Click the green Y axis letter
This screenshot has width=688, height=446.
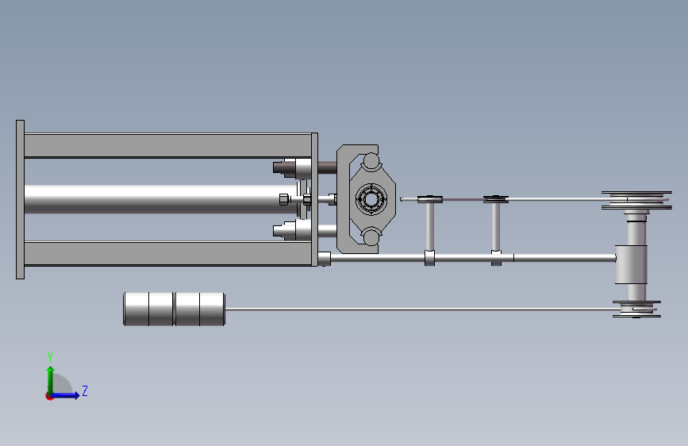click(x=50, y=357)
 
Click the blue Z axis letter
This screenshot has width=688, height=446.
click(x=85, y=390)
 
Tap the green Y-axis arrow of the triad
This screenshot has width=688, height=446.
click(x=51, y=380)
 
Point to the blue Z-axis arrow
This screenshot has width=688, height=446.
click(x=64, y=395)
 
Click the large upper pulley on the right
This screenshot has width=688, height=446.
click(x=636, y=200)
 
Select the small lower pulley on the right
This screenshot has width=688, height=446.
click(x=636, y=309)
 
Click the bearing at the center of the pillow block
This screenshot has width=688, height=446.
click(x=371, y=199)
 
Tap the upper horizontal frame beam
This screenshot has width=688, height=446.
click(x=167, y=145)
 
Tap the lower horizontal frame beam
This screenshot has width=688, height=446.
click(x=167, y=254)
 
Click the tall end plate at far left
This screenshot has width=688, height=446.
click(x=20, y=199)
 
